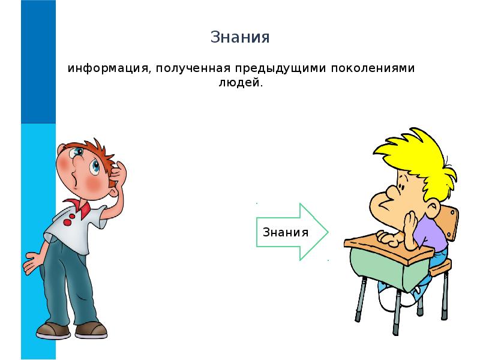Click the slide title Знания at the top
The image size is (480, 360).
click(240, 37)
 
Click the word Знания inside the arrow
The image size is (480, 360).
click(286, 232)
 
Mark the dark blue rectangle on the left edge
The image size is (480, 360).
click(38, 60)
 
